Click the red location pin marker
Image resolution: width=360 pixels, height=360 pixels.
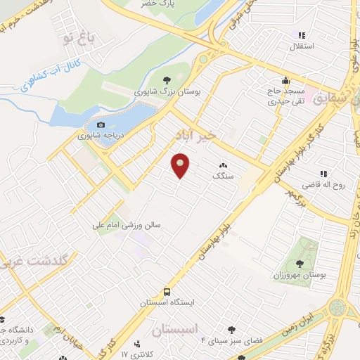tap(181, 165)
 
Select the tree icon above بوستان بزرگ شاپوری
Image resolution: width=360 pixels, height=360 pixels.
tap(166, 79)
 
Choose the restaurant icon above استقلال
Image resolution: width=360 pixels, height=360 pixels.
tap(302, 36)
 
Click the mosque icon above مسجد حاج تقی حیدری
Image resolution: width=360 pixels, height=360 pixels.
tap(285, 80)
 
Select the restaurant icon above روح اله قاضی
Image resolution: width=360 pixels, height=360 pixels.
tap(324, 174)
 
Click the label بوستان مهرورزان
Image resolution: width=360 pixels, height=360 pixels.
tap(300, 275)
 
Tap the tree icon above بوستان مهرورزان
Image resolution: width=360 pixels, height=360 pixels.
tap(300, 263)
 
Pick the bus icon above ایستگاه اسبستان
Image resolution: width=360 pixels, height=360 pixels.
tap(167, 292)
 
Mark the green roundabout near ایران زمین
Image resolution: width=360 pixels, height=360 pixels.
tap(337, 308)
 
